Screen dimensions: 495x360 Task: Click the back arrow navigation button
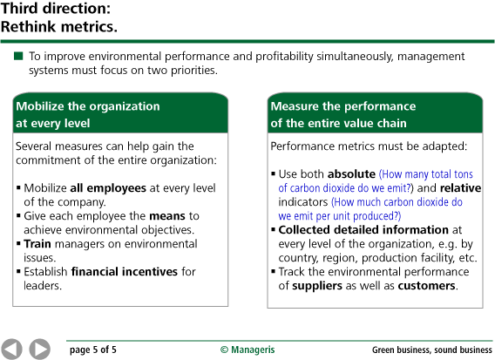point(11,350)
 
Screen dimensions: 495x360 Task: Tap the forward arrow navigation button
point(40,350)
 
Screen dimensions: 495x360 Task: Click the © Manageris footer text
point(247,350)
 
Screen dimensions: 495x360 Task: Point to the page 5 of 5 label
point(93,350)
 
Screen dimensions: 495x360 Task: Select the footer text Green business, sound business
point(432,350)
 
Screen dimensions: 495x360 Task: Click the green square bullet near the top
point(18,56)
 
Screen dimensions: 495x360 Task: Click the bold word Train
point(37,244)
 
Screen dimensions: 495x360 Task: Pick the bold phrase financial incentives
point(125,272)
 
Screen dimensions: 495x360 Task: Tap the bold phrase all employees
point(108,188)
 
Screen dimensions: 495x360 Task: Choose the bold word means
point(167,216)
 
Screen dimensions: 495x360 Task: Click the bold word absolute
point(351,174)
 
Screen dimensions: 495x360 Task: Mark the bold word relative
point(461,188)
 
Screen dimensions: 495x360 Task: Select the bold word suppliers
point(317,286)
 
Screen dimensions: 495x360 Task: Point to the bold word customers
point(426,286)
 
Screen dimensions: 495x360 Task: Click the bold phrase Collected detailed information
point(363,230)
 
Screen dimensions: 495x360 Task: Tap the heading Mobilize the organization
point(88,106)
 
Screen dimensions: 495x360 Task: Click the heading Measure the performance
point(343,106)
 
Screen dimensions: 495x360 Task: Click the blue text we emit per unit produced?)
point(339,216)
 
